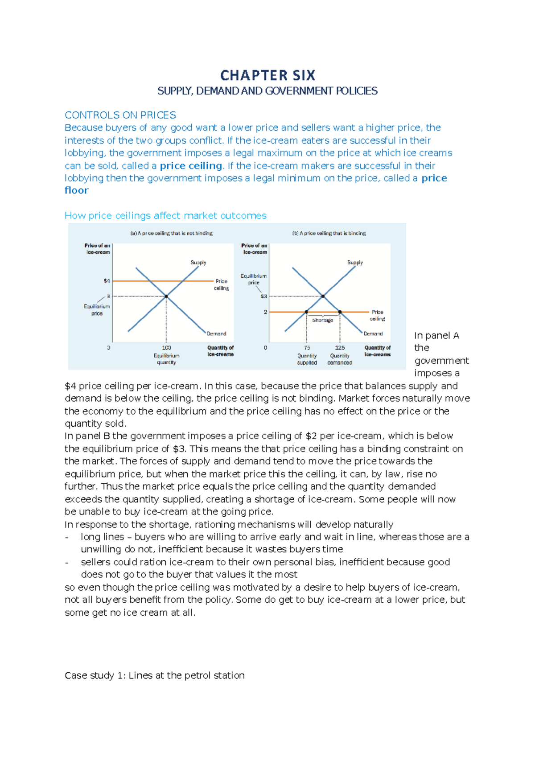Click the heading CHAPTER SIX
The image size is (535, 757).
click(267, 75)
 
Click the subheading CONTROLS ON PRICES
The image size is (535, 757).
click(120, 115)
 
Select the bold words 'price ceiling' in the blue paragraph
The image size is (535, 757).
click(191, 166)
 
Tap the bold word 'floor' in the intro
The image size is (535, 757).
click(76, 190)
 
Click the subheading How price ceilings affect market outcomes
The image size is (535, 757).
click(165, 216)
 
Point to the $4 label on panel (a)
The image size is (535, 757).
click(107, 281)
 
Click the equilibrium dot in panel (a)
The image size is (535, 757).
click(166, 296)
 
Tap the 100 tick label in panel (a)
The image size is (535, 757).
click(166, 348)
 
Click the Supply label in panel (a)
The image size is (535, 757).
click(198, 263)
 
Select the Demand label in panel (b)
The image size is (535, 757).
click(373, 333)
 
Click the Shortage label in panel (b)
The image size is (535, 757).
click(322, 320)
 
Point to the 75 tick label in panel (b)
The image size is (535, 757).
click(307, 348)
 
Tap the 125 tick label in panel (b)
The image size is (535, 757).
click(340, 348)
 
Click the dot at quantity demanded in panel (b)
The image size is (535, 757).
click(340, 312)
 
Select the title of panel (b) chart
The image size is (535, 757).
click(329, 233)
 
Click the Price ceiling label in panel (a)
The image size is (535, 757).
click(222, 284)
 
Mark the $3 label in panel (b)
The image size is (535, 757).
click(263, 296)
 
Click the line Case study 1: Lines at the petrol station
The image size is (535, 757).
click(154, 675)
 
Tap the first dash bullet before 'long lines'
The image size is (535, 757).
click(67, 537)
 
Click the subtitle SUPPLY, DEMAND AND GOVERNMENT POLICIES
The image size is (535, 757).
click(267, 91)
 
